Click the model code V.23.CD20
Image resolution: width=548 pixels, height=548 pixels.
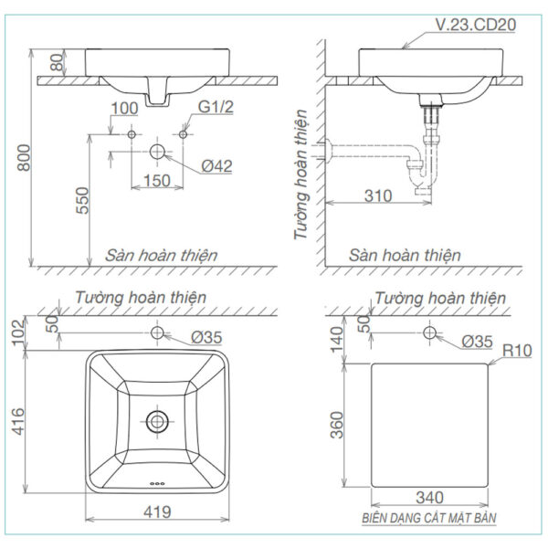pyautogui.click(x=472, y=26)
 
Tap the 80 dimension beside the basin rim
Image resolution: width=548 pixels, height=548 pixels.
pyautogui.click(x=58, y=63)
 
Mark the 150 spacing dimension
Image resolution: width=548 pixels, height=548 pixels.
pyautogui.click(x=157, y=180)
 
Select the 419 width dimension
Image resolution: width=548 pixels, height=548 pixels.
pyautogui.click(x=158, y=514)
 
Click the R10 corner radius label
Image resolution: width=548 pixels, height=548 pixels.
pyautogui.click(x=516, y=350)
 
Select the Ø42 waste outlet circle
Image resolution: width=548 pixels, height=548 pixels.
pyautogui.click(x=157, y=151)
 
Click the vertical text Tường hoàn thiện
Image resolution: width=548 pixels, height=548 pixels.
pyautogui.click(x=301, y=175)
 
